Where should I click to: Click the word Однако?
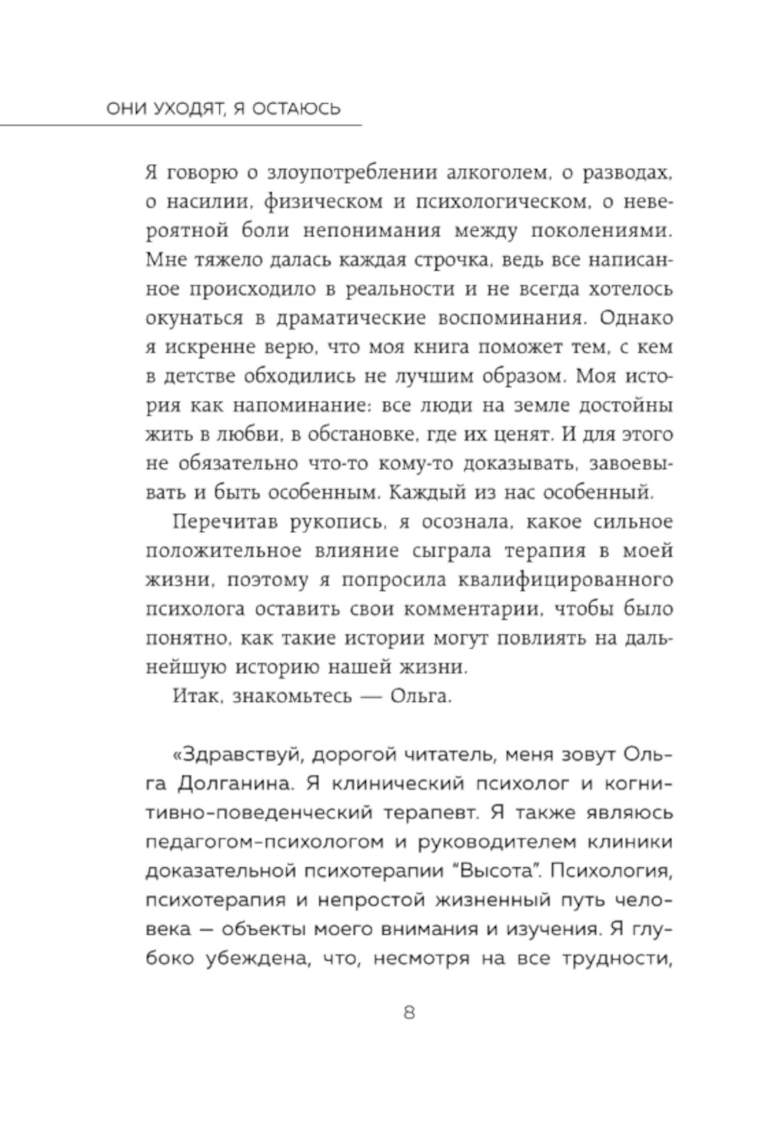click(x=635, y=319)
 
